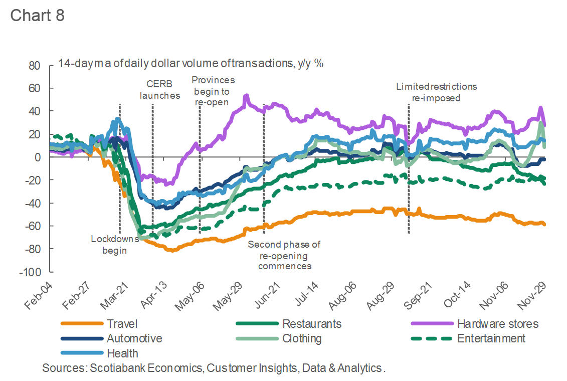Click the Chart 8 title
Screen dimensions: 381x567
(37, 15)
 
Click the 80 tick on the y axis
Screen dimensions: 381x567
(34, 65)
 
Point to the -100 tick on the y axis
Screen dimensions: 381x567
(31, 272)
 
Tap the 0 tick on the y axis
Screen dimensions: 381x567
(37, 157)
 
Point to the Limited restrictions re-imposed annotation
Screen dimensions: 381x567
(436, 92)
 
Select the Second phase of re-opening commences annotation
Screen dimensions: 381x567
(284, 255)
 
